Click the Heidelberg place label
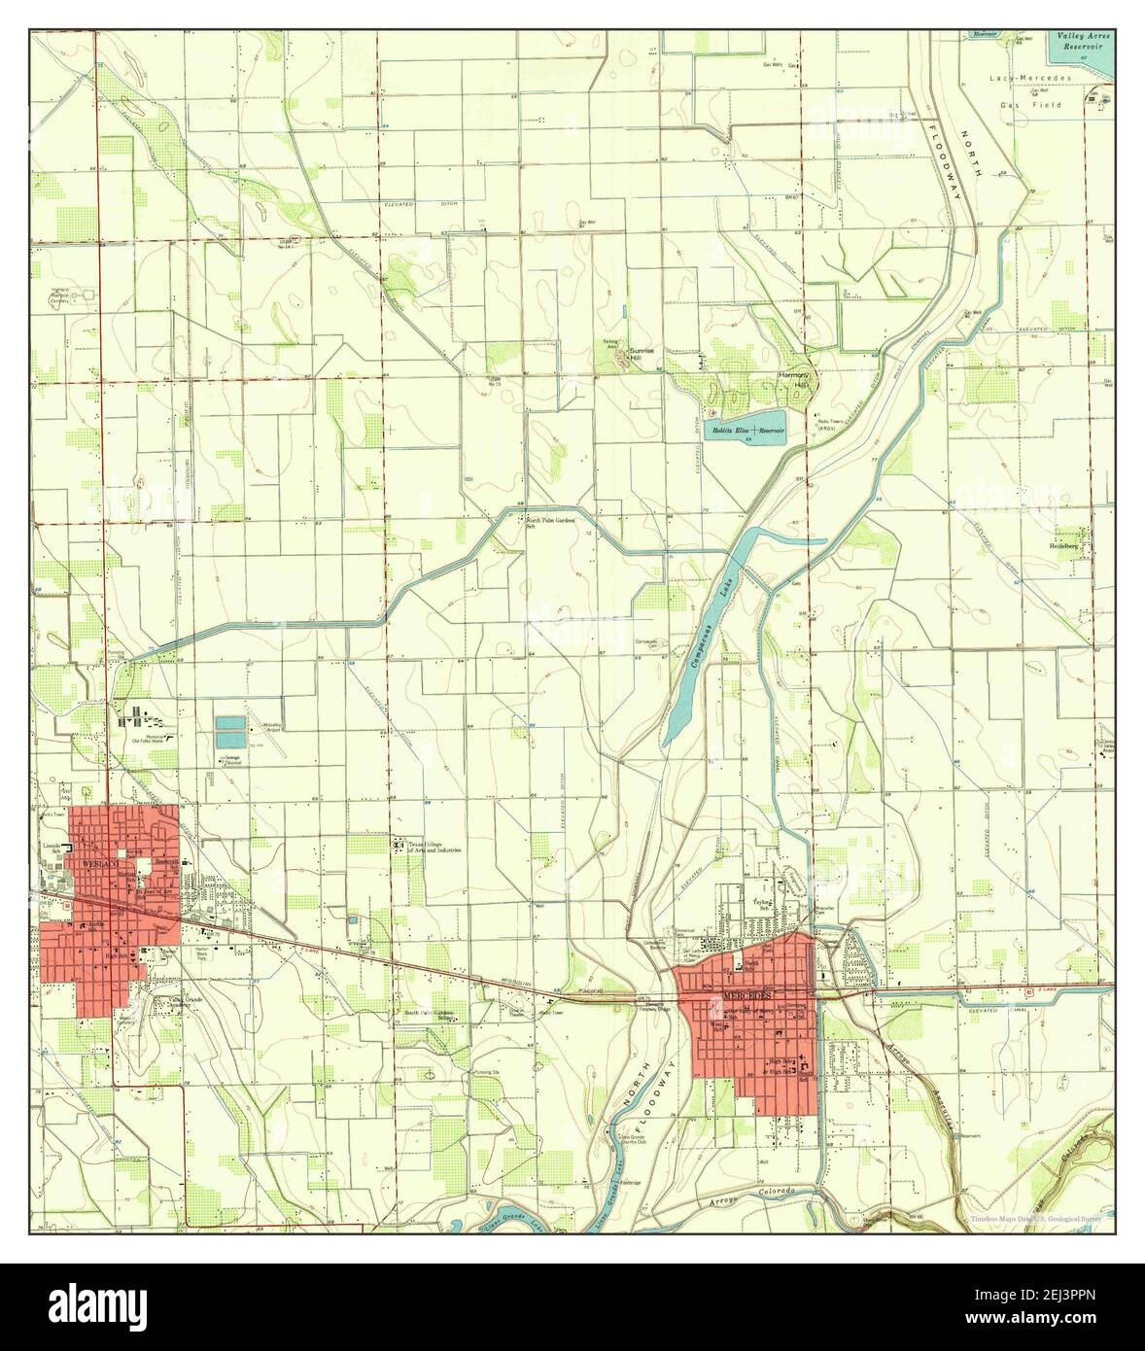pyautogui.click(x=1069, y=546)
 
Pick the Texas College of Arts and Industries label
pyautogui.click(x=433, y=848)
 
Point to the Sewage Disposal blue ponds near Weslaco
pyautogui.click(x=230, y=731)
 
